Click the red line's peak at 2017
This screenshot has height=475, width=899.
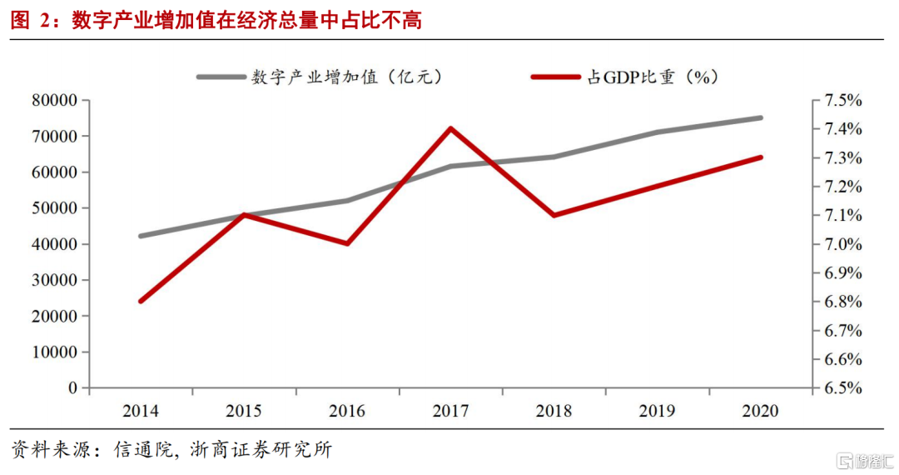coord(450,128)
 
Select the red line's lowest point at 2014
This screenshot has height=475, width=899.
coord(141,301)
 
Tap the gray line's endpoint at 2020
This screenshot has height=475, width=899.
coord(761,117)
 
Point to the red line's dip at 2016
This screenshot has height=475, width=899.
coord(347,243)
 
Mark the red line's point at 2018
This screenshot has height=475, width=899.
coord(554,215)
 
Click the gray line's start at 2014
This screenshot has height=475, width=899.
coord(141,236)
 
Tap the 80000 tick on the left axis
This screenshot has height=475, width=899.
coord(54,101)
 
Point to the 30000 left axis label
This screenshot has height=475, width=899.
coord(54,281)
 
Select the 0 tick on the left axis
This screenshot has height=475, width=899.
coord(72,388)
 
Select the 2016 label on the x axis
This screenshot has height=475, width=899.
coord(347,411)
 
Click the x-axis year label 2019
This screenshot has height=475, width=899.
coord(657,411)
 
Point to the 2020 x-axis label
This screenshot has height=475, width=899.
coord(760,411)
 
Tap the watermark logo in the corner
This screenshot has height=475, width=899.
coord(861,458)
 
